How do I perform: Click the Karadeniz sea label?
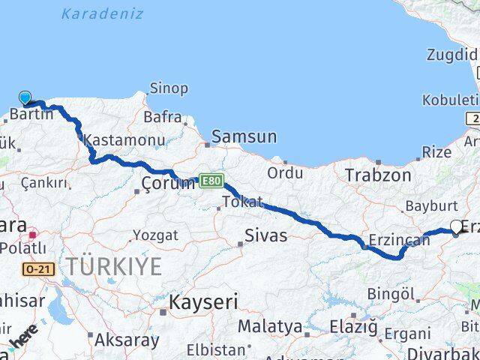tap(91, 13)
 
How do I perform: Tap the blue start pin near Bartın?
tap(25, 97)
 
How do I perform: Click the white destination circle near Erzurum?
tap(457, 226)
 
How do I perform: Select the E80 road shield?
tap(211, 181)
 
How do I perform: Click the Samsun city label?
tap(244, 137)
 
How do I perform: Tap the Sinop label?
tap(169, 88)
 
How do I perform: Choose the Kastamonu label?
tap(114, 139)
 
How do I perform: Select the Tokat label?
tap(242, 202)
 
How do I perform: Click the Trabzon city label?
tap(378, 175)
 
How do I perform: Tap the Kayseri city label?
tap(203, 303)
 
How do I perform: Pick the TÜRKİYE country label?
tap(112, 266)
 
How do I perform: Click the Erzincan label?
tap(399, 241)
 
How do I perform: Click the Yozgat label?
tap(155, 235)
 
